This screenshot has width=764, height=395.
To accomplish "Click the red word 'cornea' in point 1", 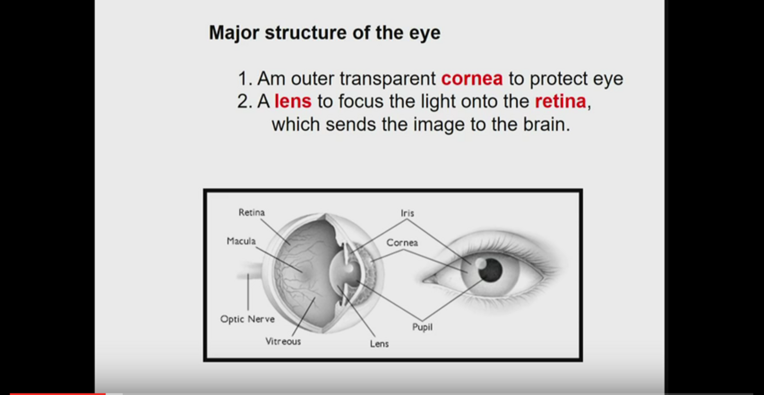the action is pos(472,79).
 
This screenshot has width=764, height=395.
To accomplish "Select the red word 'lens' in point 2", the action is pos(293,101).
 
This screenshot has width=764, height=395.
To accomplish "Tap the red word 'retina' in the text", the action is pos(560,101).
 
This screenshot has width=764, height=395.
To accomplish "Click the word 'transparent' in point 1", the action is pos(388,79).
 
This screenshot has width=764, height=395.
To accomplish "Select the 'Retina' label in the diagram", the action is pos(251,212).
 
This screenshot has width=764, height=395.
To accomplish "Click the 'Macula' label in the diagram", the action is pos(241,241).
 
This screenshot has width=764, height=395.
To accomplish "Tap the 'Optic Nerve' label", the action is pos(247,319).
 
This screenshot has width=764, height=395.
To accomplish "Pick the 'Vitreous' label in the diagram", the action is pos(283,341).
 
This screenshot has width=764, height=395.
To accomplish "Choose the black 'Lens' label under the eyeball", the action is pos(379,344).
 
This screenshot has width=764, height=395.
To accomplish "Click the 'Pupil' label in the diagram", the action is pos(422,327).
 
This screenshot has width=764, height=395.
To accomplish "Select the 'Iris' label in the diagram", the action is pos(407,213).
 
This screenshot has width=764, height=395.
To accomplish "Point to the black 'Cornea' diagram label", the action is pos(402,242).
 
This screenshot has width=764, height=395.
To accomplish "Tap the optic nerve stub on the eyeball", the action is pos(249,271).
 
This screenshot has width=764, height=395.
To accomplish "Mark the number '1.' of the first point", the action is pos(245,79).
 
